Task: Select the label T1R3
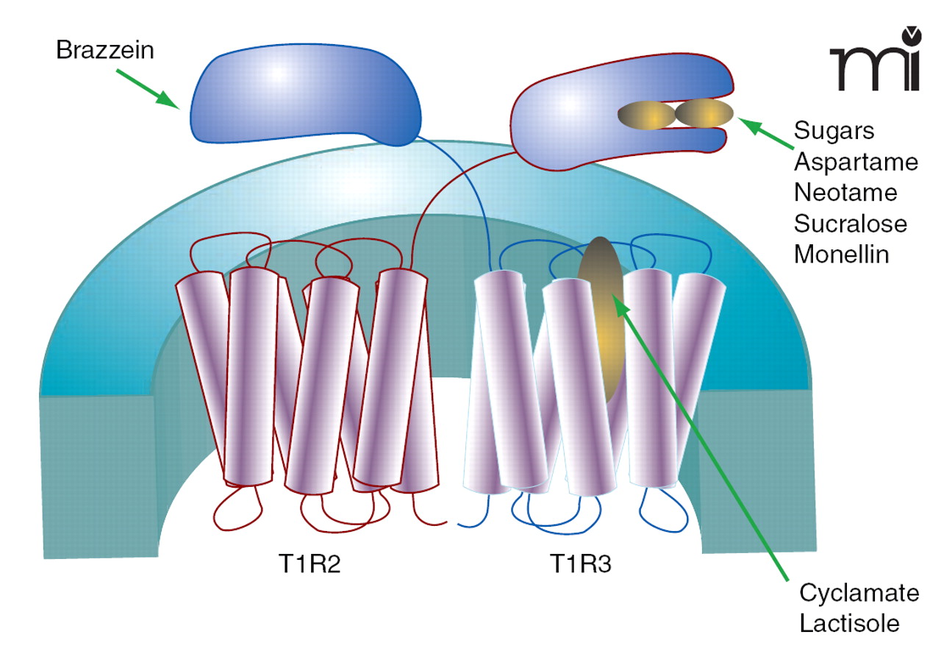point(580,565)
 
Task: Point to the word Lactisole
point(849,624)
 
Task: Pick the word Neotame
point(845,192)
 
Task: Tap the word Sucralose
point(851,223)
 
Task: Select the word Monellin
point(842,255)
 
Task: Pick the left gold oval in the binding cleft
point(646,113)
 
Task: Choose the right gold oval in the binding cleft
point(704,113)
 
